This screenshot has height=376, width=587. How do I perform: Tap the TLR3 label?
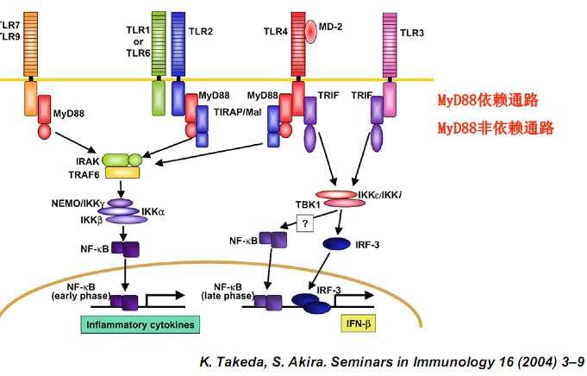click(x=412, y=32)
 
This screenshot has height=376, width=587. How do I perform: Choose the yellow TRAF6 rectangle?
click(x=122, y=173)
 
